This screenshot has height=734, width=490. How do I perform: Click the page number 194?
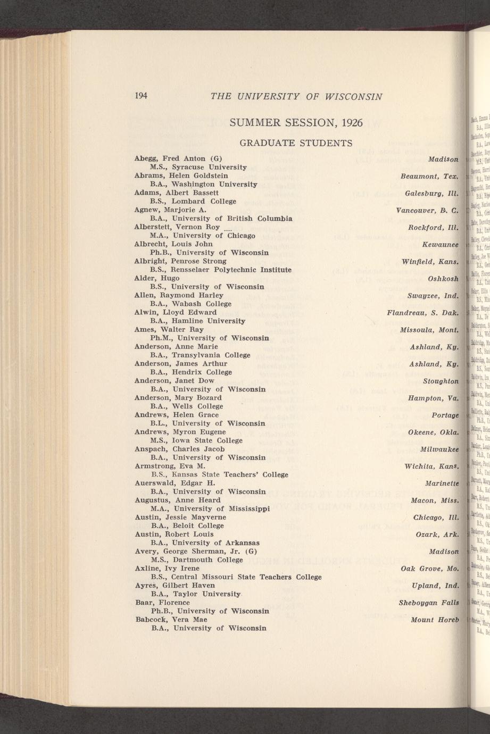140,96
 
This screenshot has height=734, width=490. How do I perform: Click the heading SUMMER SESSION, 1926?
296,123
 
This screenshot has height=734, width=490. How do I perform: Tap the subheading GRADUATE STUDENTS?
296,143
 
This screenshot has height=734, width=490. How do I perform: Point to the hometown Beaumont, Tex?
429,176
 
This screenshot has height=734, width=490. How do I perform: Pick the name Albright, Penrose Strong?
180,261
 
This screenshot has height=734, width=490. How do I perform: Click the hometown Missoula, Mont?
429,330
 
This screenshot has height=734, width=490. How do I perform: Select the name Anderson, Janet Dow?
174,380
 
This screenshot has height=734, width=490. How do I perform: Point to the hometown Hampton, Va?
433,398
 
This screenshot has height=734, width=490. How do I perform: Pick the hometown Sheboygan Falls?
429,603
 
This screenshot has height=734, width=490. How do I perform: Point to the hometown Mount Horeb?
435,620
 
